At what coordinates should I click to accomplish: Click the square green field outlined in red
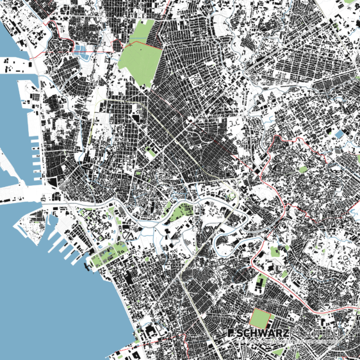(x=259, y=318)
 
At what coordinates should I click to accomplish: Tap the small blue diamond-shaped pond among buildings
(x=338, y=134)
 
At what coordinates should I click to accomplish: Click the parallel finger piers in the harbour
(x=64, y=247)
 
